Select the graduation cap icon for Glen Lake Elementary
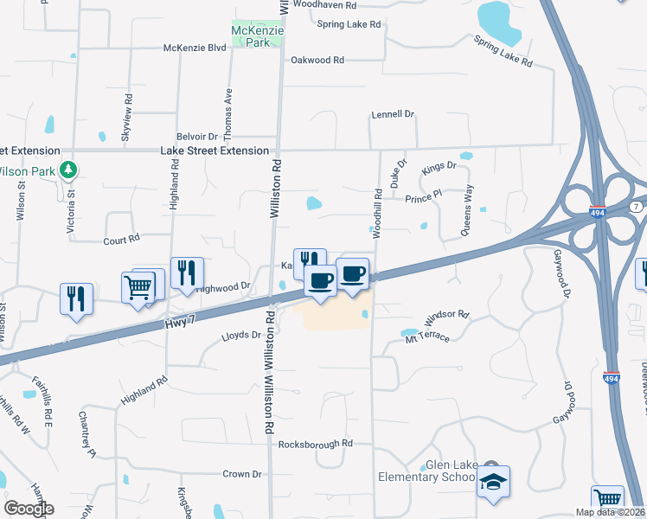[493, 482]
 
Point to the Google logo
[29, 509]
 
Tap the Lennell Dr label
[394, 114]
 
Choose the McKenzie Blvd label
[195, 48]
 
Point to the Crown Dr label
[242, 474]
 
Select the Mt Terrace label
[427, 336]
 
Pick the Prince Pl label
[423, 198]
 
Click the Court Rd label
[121, 240]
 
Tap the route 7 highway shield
[636, 207]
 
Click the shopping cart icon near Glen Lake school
[607, 500]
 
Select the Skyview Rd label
[126, 118]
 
